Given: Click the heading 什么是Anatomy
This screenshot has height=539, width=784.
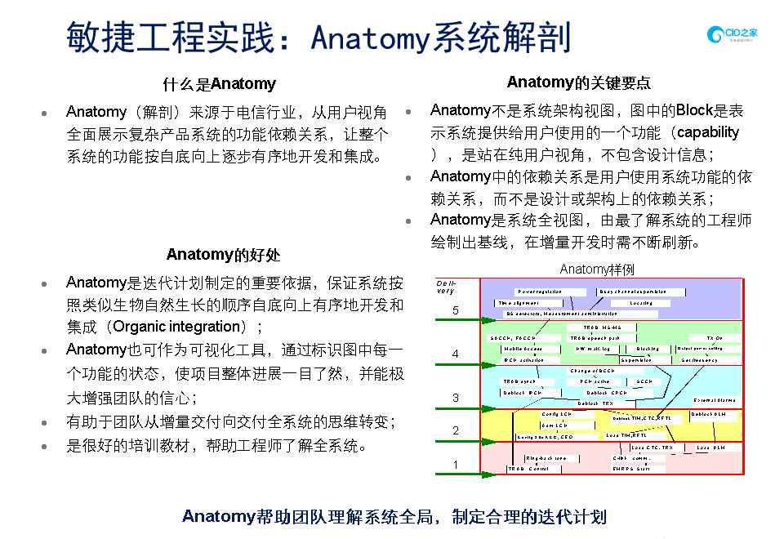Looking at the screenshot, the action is click(x=219, y=84).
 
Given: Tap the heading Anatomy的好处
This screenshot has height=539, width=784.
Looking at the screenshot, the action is click(x=223, y=255).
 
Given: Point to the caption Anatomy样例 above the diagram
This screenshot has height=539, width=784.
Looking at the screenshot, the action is click(x=597, y=269).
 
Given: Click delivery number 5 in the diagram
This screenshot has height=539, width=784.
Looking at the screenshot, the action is click(x=456, y=310).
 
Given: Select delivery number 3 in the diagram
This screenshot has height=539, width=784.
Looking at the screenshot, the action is click(x=456, y=398).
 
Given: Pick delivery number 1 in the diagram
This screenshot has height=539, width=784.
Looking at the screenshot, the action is click(x=456, y=465).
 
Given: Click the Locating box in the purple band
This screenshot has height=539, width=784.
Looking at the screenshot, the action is click(x=641, y=303).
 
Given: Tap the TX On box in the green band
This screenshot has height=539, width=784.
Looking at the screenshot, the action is click(x=715, y=337).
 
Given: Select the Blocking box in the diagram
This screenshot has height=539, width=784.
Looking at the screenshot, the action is click(x=648, y=349).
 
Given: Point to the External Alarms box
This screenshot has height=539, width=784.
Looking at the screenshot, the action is click(x=715, y=400).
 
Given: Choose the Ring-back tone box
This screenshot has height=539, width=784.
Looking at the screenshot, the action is click(x=546, y=458).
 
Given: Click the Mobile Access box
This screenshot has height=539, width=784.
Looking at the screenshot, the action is click(x=522, y=349).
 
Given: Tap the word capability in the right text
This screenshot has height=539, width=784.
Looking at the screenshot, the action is click(x=708, y=132).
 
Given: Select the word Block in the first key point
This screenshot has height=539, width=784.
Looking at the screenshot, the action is click(x=695, y=110).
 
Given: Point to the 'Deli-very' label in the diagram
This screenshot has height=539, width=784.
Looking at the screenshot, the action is click(x=446, y=287).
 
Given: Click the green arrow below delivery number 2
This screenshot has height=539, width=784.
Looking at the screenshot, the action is click(x=457, y=442).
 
